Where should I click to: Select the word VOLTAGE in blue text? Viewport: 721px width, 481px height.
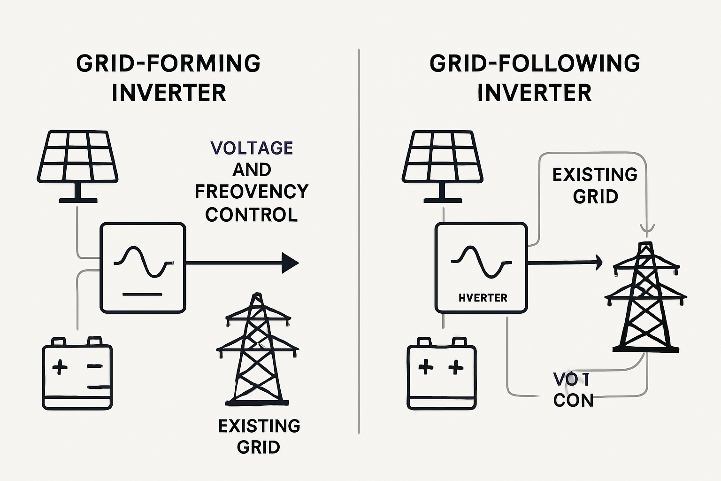coord(252,148)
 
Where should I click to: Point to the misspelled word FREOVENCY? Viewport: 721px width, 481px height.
coord(252,192)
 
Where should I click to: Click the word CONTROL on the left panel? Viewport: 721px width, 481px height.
coord(252,215)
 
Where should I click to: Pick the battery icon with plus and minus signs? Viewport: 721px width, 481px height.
coord(77,373)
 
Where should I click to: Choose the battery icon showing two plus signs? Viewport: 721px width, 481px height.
coord(442,373)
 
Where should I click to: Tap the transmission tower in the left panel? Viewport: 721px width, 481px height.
coord(257,350)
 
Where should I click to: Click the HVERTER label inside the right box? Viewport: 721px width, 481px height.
coord(483,298)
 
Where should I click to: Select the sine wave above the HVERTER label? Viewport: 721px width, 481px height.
coord(481,262)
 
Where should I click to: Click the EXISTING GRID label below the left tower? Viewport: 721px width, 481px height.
coord(259,436)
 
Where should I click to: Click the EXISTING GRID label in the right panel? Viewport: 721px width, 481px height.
coord(595,186)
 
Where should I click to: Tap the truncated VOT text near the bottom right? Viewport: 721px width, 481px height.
coord(571,379)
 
